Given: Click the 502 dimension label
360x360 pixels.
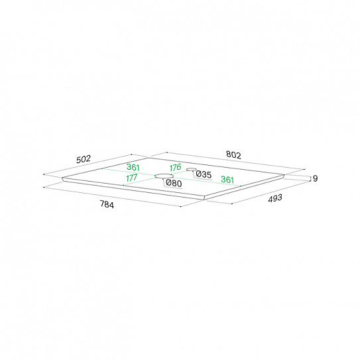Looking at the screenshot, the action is pos(84,159).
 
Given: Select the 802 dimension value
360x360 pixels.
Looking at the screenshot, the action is pos(233,154).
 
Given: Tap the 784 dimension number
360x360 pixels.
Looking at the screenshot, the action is pos(107,204).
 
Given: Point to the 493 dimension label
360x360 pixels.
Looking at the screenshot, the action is pos(275,198).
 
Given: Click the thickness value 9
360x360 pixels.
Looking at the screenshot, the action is pos(315,178).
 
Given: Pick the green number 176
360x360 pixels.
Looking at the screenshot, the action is pos(176,167).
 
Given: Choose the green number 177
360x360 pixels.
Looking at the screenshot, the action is pos(132,178).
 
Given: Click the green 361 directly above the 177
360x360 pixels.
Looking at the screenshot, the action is pos(133,167).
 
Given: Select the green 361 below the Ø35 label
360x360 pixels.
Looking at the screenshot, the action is pos(227,179).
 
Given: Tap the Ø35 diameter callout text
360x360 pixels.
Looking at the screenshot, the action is pos(204,174).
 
